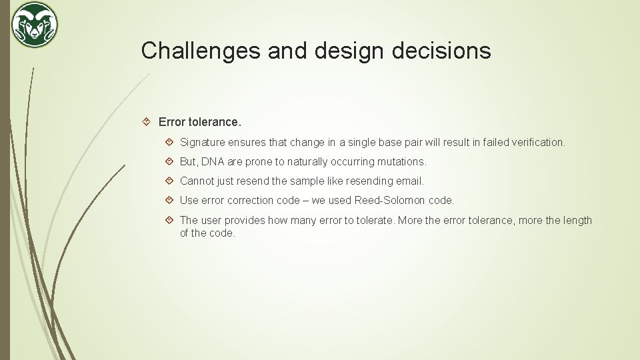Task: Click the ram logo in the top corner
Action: (35, 25)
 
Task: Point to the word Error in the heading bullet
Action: (172, 122)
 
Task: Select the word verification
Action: (537, 142)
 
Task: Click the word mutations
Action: (401, 161)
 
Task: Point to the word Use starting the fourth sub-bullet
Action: (189, 200)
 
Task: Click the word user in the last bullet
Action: (211, 220)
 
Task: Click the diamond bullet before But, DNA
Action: (169, 161)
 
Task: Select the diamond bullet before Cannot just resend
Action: (169, 181)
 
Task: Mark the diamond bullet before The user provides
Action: (169, 220)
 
